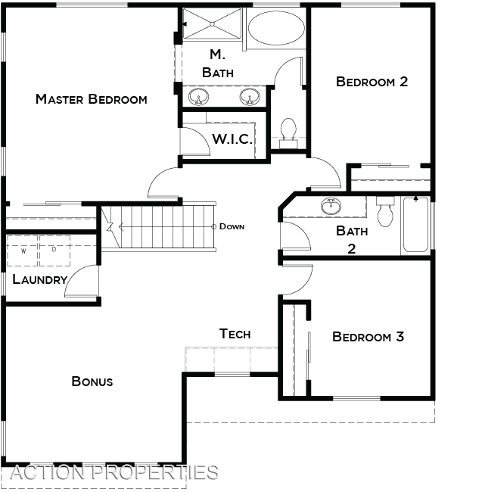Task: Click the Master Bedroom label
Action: (x=92, y=99)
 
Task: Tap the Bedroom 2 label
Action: (x=372, y=82)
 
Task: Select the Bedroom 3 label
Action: (x=368, y=337)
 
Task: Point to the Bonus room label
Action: (x=92, y=381)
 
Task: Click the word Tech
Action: (x=235, y=334)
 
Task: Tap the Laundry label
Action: (x=40, y=279)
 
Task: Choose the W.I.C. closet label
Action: (x=232, y=139)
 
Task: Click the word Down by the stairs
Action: (x=232, y=226)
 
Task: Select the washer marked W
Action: (x=23, y=251)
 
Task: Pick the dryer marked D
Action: (x=54, y=251)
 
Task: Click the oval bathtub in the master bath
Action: (x=276, y=27)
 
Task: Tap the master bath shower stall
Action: (x=213, y=24)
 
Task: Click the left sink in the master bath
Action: (x=199, y=97)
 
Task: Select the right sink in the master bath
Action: (x=250, y=97)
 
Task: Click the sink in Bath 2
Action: (x=331, y=206)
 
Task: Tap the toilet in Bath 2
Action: (x=385, y=211)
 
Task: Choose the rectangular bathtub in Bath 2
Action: (x=415, y=224)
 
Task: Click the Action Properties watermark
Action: (x=114, y=472)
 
